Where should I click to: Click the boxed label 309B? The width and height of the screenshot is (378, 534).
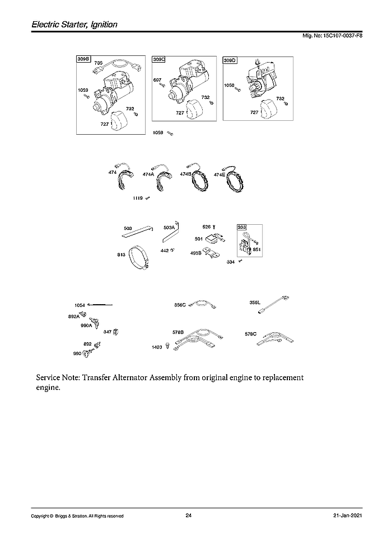(83, 58)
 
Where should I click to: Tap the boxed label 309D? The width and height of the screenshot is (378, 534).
(230, 60)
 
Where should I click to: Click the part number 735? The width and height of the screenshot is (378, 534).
(99, 63)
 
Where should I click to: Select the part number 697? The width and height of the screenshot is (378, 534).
(157, 80)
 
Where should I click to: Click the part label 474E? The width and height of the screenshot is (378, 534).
(220, 174)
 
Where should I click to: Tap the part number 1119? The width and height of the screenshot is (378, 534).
(138, 198)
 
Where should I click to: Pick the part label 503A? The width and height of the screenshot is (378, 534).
(169, 228)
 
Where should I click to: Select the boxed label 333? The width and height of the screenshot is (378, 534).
(242, 227)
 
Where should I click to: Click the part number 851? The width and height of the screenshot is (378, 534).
(257, 249)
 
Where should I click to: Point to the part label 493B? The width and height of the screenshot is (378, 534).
(195, 252)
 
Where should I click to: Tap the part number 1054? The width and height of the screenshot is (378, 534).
(80, 305)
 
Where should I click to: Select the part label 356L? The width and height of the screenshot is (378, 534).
(255, 303)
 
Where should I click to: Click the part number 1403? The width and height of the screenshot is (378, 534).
(157, 347)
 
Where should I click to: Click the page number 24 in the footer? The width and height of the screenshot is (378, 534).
(189, 516)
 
